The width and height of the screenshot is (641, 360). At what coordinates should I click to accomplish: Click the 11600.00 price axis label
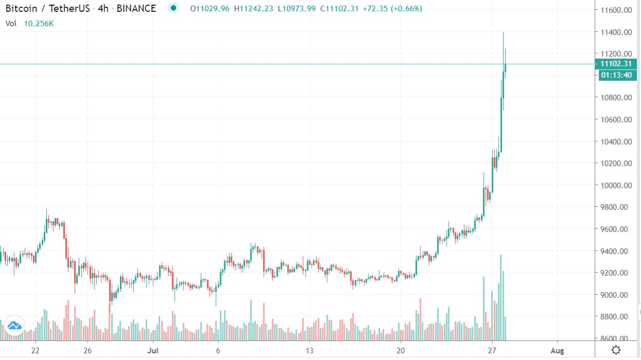coord(617,10)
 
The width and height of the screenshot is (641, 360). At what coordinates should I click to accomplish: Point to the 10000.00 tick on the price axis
coord(617,185)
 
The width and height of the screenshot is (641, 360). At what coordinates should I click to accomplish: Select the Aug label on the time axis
coord(557,351)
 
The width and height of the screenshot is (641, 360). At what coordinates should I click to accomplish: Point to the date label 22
coord(35,351)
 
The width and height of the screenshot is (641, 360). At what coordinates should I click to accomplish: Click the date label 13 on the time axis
coord(309,351)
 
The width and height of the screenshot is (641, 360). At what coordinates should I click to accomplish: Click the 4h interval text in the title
coord(103,9)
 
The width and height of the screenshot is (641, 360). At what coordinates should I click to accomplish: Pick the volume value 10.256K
coord(39,23)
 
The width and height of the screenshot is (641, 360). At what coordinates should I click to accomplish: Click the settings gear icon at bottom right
coord(616,350)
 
